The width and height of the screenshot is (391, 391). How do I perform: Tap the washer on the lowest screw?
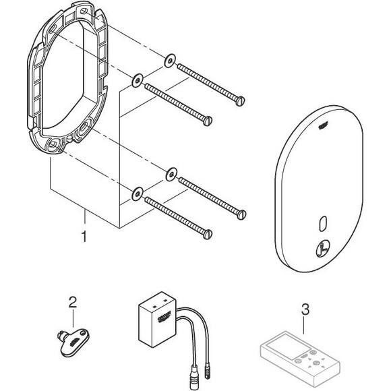coord(138,194)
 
